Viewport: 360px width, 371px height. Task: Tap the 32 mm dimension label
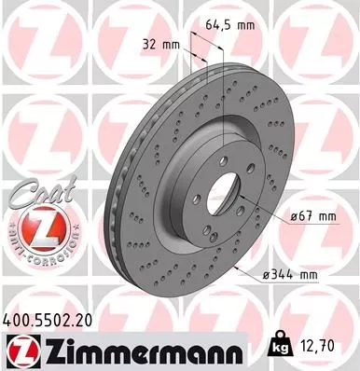(x=161, y=44)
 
